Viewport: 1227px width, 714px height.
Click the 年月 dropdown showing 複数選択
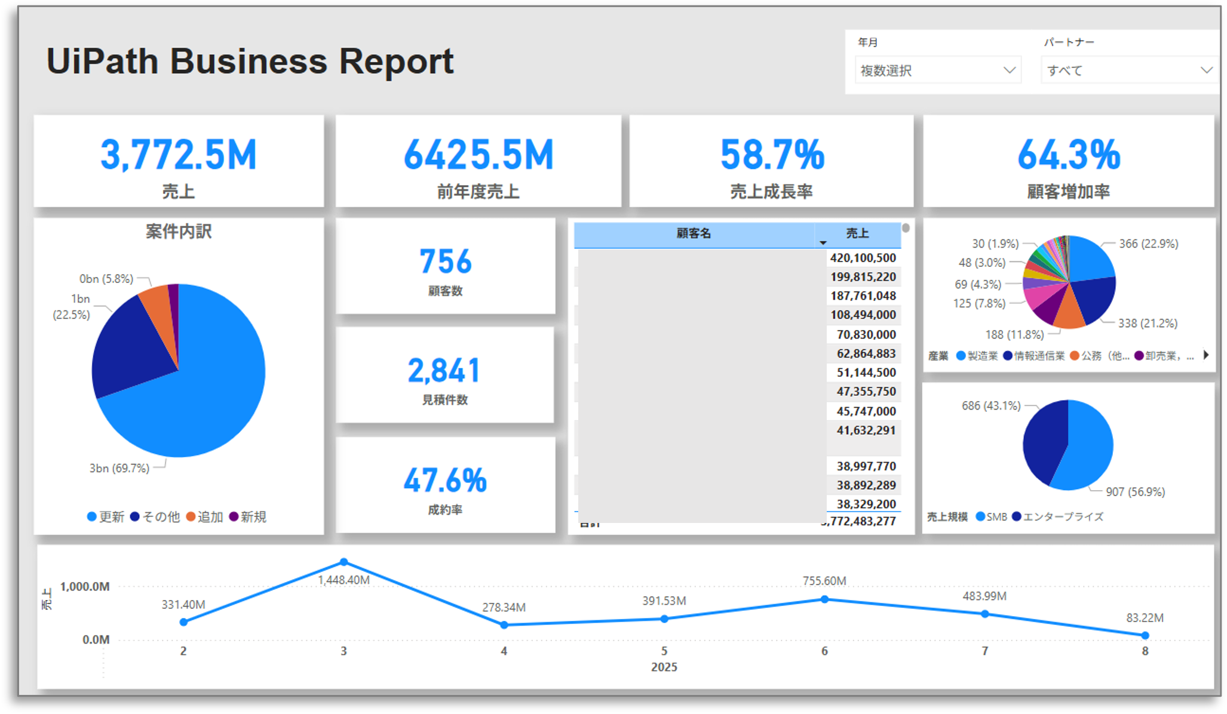[937, 70]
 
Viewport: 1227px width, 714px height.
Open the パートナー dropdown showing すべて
[1128, 70]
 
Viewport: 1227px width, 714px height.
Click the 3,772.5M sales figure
[178, 155]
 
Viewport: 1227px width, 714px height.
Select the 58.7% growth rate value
[772, 155]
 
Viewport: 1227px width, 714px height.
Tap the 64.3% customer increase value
[1068, 155]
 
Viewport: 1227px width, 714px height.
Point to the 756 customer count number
[445, 261]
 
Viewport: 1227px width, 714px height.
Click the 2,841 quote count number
[444, 371]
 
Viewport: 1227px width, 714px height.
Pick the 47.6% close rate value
[445, 481]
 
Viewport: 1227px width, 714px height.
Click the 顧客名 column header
[694, 233]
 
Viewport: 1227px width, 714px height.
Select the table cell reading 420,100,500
[863, 258]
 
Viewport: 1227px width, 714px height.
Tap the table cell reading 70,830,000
[866, 334]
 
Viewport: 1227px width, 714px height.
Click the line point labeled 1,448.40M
[343, 562]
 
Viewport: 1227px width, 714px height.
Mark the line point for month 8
[1145, 635]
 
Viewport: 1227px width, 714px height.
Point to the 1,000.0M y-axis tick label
[84, 586]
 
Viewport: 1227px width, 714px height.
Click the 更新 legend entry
[106, 516]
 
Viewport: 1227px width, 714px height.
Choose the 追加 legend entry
[205, 516]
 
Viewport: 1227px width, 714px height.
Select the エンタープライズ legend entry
[1058, 516]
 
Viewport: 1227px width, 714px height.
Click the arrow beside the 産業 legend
[1206, 355]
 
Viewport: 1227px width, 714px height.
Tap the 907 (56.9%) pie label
[1135, 492]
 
